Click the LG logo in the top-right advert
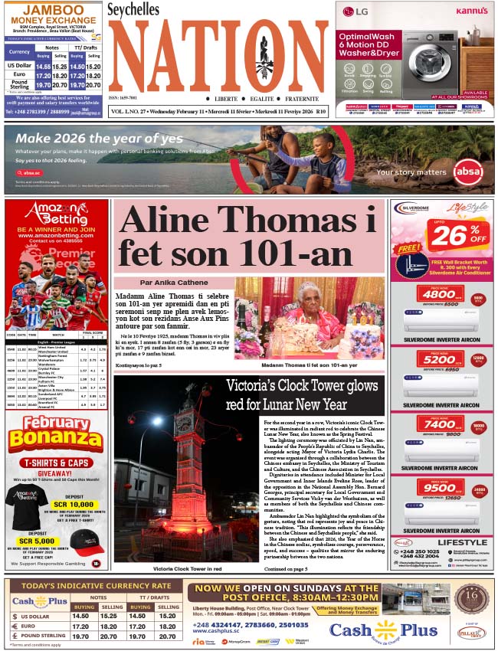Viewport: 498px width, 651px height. (354, 11)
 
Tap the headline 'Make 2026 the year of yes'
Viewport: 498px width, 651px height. (100, 139)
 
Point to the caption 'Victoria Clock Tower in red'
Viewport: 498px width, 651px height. (188, 568)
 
